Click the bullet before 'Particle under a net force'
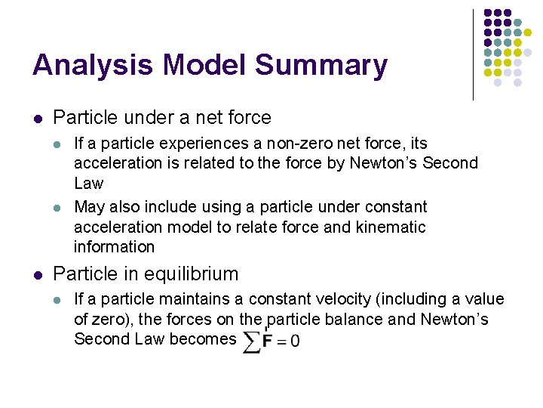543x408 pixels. tap(38, 119)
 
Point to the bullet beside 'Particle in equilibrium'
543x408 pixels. tap(38, 275)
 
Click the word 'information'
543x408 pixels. tap(114, 246)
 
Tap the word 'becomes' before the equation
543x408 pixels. tap(203, 338)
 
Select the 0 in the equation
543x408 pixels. tap(294, 341)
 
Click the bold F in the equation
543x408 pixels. tap(267, 341)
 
